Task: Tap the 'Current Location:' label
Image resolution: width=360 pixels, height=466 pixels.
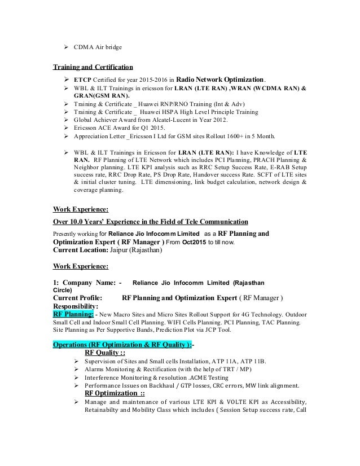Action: (x=79, y=252)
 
